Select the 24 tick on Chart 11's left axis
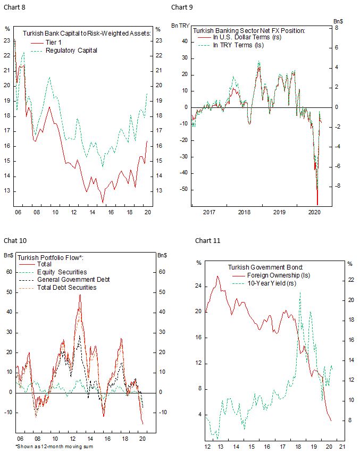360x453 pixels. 198,286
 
